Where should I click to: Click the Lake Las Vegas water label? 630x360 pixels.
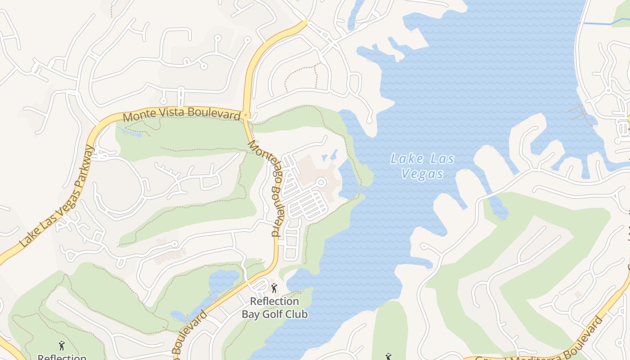coord(422,166)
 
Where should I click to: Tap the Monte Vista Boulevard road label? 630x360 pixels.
coord(181,114)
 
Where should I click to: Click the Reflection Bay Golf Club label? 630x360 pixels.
coord(274,308)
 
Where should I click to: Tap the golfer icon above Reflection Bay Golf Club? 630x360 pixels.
coord(274,288)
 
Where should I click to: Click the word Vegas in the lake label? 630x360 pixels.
coord(422,174)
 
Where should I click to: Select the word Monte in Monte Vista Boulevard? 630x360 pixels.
coord(138,116)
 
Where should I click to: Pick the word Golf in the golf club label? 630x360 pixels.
coord(274,314)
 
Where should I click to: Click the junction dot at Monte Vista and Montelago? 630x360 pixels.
coord(246,116)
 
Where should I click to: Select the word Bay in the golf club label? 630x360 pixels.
coord(251,314)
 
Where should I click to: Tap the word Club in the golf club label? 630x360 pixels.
coord(297,314)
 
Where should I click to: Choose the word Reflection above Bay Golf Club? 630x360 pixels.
coord(274,301)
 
